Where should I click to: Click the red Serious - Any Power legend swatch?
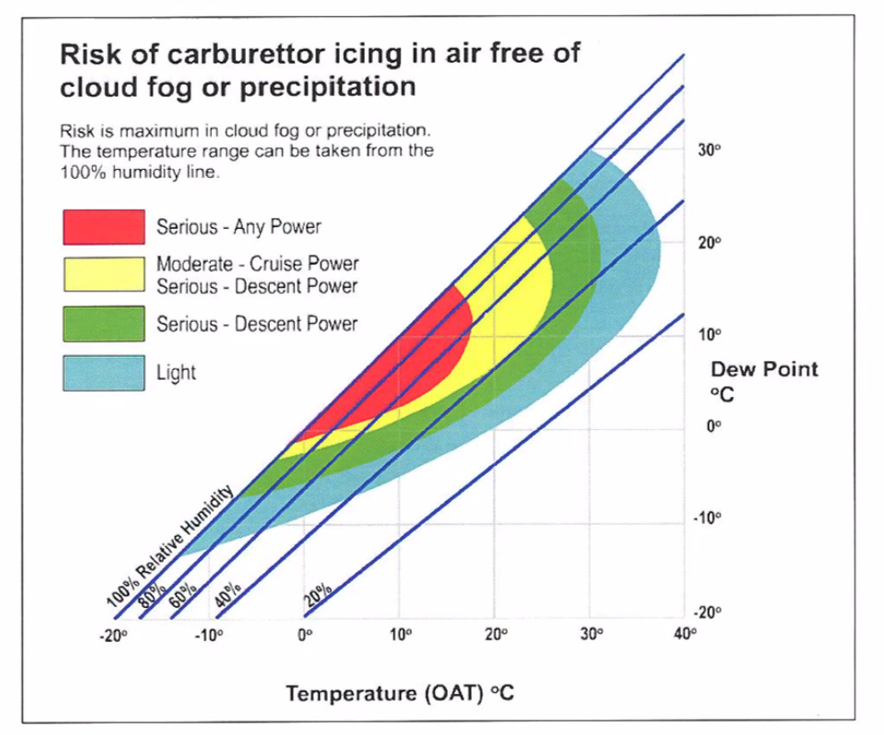click(103, 227)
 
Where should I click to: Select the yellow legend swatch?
click(103, 275)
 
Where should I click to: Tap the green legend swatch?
click(103, 324)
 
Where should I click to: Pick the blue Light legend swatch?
click(103, 372)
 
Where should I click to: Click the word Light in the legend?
click(176, 372)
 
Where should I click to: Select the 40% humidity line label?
click(229, 593)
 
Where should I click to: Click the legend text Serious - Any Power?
click(239, 227)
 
